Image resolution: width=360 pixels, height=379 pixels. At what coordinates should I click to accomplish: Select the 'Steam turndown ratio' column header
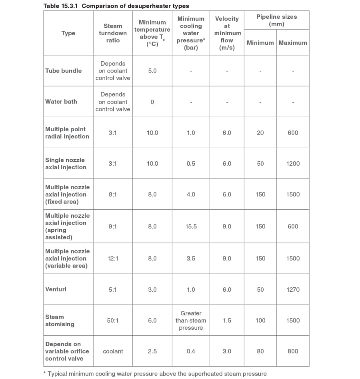113,33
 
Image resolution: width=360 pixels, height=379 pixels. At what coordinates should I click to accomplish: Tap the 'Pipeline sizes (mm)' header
276,20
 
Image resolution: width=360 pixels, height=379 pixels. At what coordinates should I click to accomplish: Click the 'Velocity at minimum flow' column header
227,33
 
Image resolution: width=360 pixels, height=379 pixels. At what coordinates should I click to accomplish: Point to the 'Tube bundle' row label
63,71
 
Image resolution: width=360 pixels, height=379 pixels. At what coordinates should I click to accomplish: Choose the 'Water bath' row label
61,102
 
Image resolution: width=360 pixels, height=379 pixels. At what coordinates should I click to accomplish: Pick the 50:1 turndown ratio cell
113,321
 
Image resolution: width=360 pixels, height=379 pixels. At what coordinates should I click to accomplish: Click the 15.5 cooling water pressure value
191,227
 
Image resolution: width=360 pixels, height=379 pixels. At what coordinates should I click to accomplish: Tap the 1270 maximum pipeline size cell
293,290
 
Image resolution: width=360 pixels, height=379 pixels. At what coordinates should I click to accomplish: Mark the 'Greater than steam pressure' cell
191,321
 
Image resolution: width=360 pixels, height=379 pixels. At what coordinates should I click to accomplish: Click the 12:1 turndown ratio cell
113,259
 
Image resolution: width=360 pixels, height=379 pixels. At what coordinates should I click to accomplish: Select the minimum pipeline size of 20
260,133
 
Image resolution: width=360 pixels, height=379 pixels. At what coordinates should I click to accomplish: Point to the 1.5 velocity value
227,321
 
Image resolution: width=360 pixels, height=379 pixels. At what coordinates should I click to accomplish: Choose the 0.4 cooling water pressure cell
191,351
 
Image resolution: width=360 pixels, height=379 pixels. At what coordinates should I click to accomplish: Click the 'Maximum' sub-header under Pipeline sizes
293,43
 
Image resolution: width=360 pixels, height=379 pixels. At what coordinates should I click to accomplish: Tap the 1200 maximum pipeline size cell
293,164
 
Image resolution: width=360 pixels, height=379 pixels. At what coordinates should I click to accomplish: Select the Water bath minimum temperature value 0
152,102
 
